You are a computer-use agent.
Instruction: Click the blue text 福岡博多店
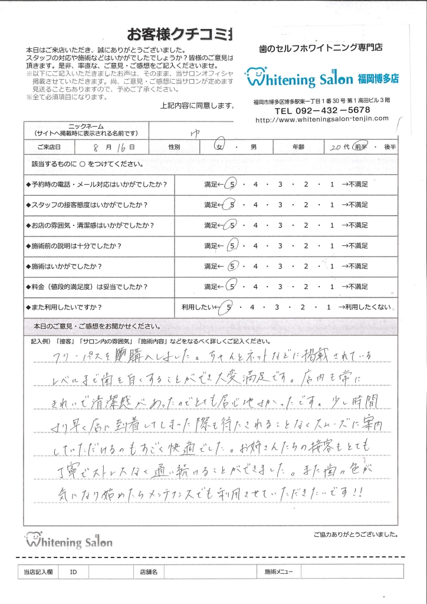pos(378,77)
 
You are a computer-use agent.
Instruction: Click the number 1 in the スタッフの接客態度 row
pos(332,205)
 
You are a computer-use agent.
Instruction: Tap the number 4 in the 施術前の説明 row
pos(255,245)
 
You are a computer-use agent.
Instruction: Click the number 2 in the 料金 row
pos(307,287)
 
